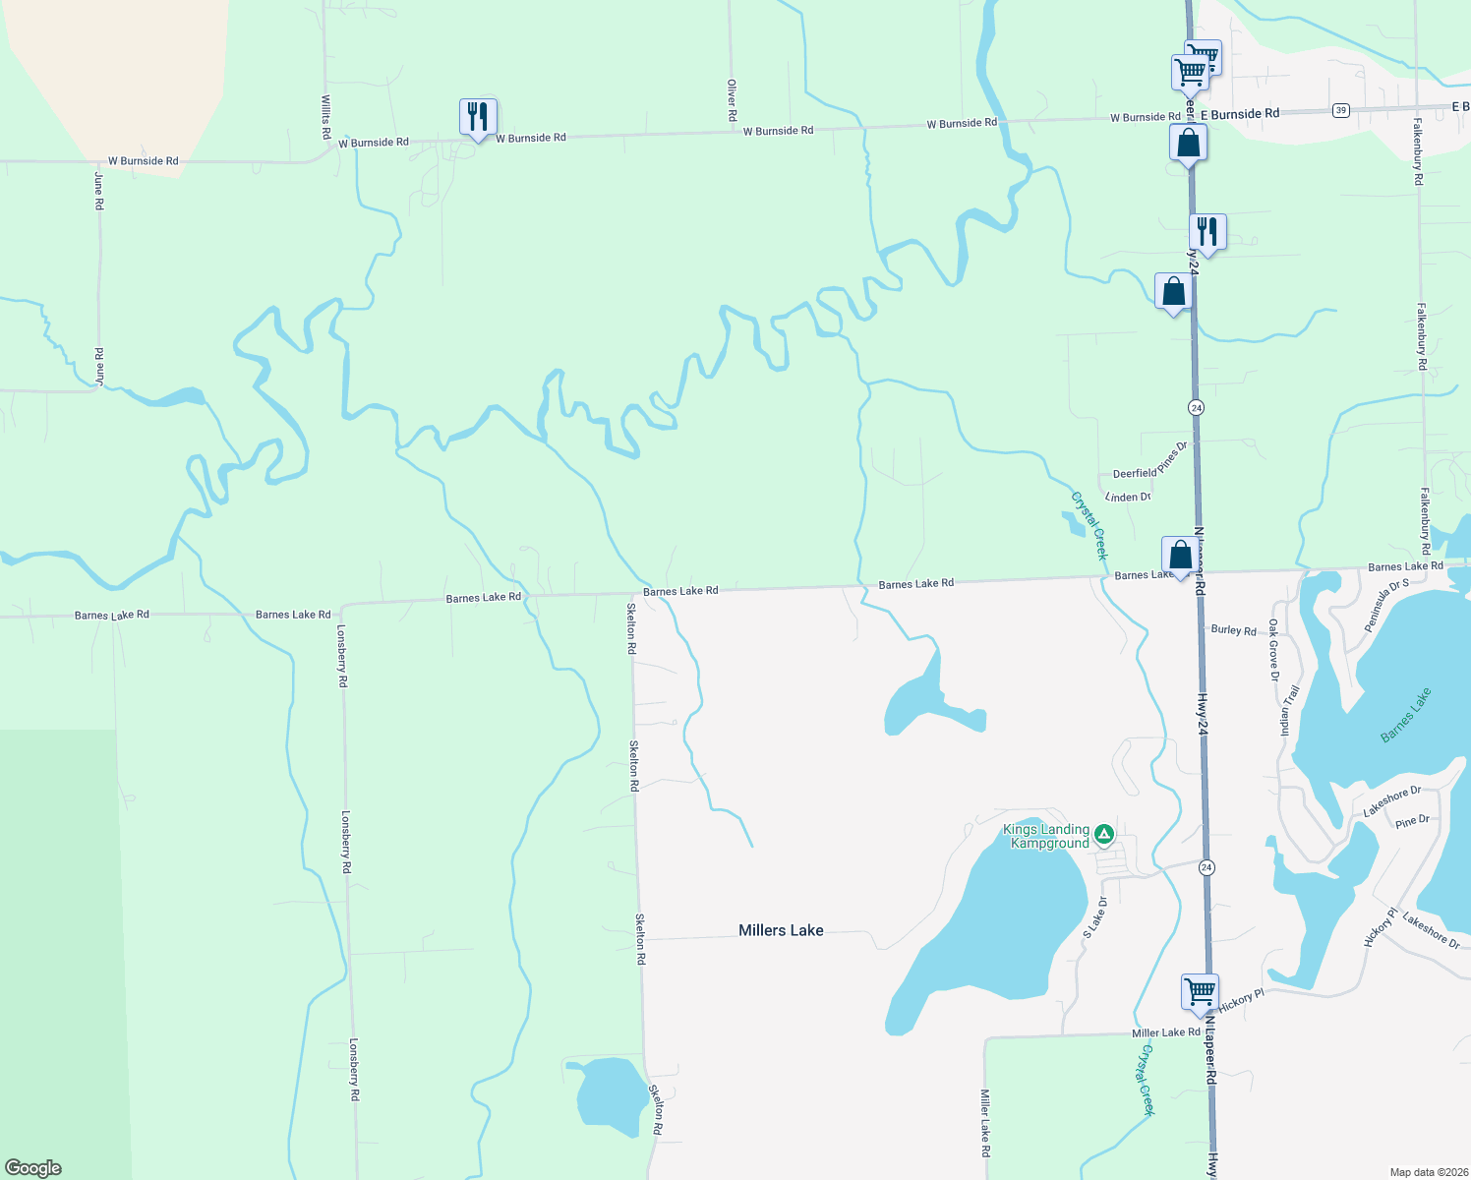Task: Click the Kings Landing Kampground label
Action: tap(1046, 836)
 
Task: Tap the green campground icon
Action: tap(1104, 834)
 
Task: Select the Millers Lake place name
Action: tap(781, 930)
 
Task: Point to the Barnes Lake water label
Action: tap(1406, 715)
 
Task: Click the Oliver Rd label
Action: tap(732, 100)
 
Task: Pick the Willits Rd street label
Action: tap(325, 116)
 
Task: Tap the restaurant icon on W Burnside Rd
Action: tap(478, 117)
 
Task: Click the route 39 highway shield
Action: tap(1341, 110)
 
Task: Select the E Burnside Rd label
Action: tap(1240, 114)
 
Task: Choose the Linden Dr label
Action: tap(1128, 498)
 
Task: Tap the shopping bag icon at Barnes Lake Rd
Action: tap(1180, 556)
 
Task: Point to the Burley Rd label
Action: tap(1233, 630)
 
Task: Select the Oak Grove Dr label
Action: tap(1273, 650)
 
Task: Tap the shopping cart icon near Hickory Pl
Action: tap(1200, 991)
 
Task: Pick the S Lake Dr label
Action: tap(1094, 916)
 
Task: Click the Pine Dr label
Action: tap(1412, 821)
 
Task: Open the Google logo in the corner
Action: tap(33, 1168)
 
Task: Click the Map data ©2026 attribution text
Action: tap(1427, 1172)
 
